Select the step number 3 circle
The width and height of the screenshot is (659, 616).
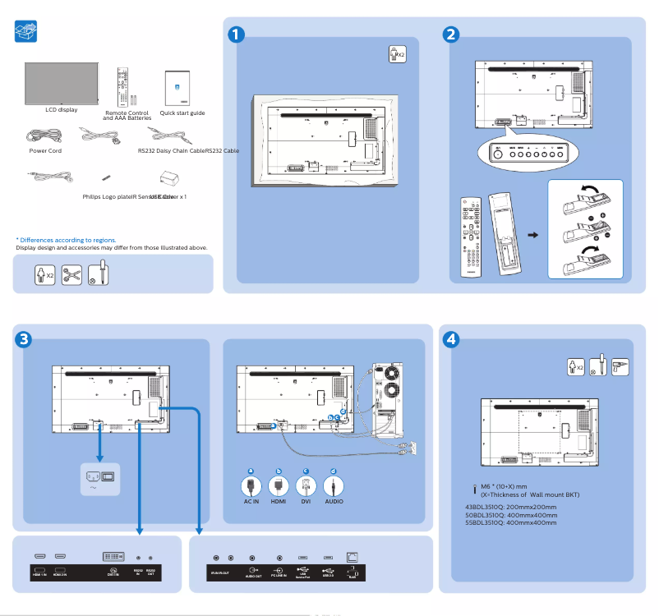coord(25,338)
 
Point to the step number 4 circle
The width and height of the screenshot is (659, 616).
coord(450,338)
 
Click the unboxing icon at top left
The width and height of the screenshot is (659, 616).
coord(27,32)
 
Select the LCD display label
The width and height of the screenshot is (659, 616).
coord(62,109)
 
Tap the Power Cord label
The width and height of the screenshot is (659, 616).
coord(45,151)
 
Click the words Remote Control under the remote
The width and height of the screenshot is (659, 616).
coord(127,112)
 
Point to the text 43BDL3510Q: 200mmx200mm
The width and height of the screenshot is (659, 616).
coord(510,507)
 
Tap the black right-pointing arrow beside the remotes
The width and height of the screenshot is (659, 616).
coord(532,235)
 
